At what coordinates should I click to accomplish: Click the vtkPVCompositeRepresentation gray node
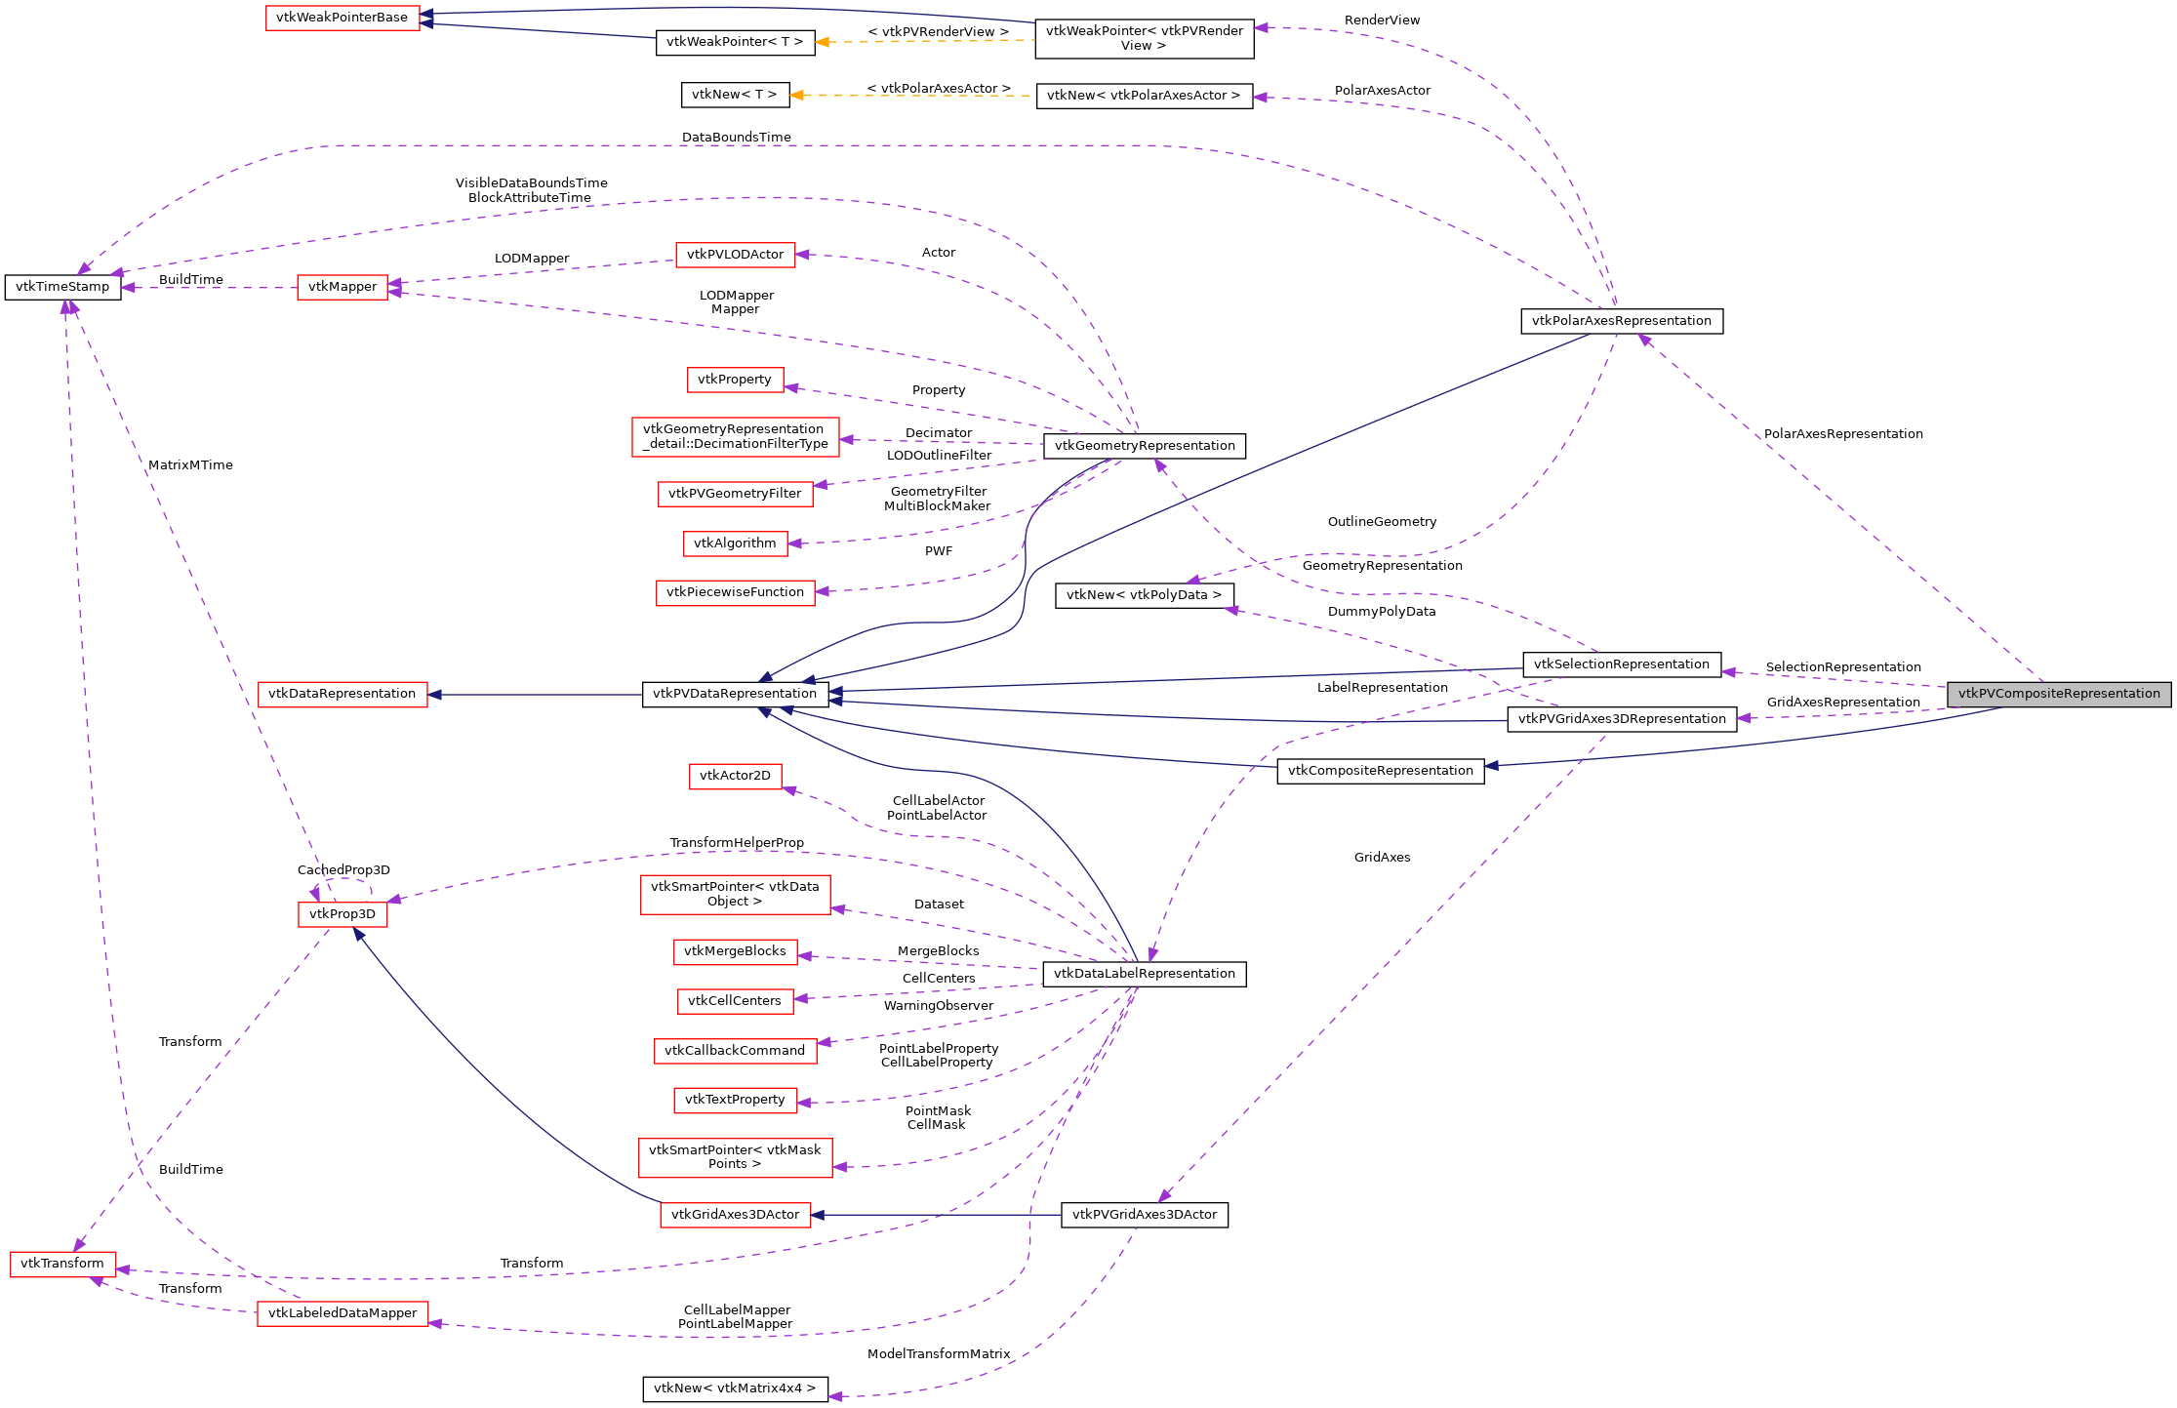tap(2059, 694)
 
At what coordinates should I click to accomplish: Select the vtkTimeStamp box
tap(62, 287)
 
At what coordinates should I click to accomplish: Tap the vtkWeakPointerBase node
tap(343, 18)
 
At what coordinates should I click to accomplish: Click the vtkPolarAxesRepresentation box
tap(1621, 321)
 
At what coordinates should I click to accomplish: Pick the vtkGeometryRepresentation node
tap(1144, 446)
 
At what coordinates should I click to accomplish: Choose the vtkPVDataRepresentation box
tap(735, 694)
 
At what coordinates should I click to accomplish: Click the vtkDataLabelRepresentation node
tap(1144, 974)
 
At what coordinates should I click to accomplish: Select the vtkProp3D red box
tap(342, 914)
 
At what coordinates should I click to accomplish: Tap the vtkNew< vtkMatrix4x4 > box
tap(735, 1388)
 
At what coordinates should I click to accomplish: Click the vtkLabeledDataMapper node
tap(343, 1313)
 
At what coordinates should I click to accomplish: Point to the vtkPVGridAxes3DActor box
tap(1144, 1215)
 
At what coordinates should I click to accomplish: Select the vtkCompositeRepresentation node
tap(1380, 771)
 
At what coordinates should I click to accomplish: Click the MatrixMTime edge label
tap(190, 465)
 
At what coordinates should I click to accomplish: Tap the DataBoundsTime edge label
tap(736, 138)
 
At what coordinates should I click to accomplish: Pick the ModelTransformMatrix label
tap(938, 1354)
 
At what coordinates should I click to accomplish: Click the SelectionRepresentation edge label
tap(1842, 667)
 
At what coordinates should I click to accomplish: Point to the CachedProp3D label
tap(343, 870)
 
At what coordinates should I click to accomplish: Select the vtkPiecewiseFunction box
tap(735, 592)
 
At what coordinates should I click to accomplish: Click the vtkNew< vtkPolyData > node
tap(1144, 595)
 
